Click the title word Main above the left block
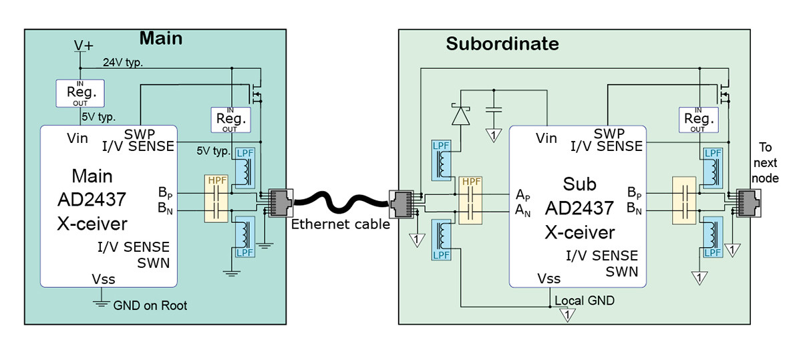tap(160, 38)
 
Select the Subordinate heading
tap(502, 45)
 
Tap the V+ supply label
tap(84, 45)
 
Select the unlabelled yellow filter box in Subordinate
tap(685, 199)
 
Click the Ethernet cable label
tap(340, 224)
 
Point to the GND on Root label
tap(150, 305)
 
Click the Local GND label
tap(585, 301)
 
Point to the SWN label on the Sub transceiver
tap(621, 271)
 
